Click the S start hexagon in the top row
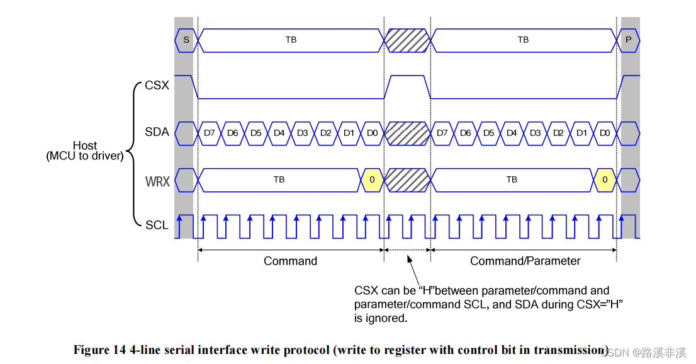(186, 40)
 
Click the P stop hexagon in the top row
(628, 40)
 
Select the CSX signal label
(157, 85)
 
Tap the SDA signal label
(157, 132)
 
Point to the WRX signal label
(157, 181)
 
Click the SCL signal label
(157, 225)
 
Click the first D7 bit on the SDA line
(210, 133)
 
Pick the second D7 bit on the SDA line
(442, 133)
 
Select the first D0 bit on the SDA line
(372, 133)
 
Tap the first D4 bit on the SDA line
(279, 133)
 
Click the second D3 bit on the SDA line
(535, 133)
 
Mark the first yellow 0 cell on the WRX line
(372, 179)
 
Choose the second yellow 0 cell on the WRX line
(605, 179)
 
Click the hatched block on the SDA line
(407, 133)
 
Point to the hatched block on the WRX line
(407, 179)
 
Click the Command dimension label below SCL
(290, 261)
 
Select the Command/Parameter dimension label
(525, 261)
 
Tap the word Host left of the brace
(85, 146)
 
